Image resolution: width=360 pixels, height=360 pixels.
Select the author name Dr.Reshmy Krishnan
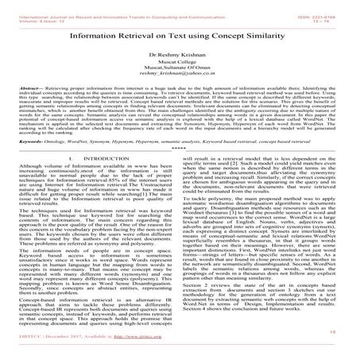179,60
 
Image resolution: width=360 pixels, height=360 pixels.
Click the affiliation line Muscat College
179,69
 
